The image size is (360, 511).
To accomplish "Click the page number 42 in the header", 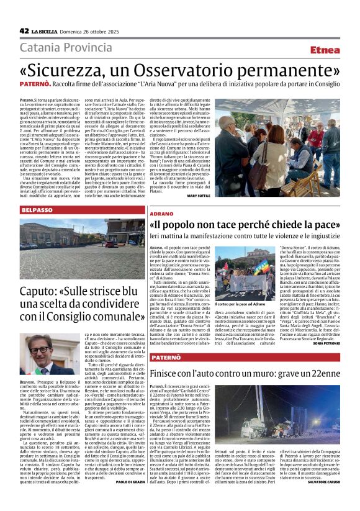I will click(x=24, y=30).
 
